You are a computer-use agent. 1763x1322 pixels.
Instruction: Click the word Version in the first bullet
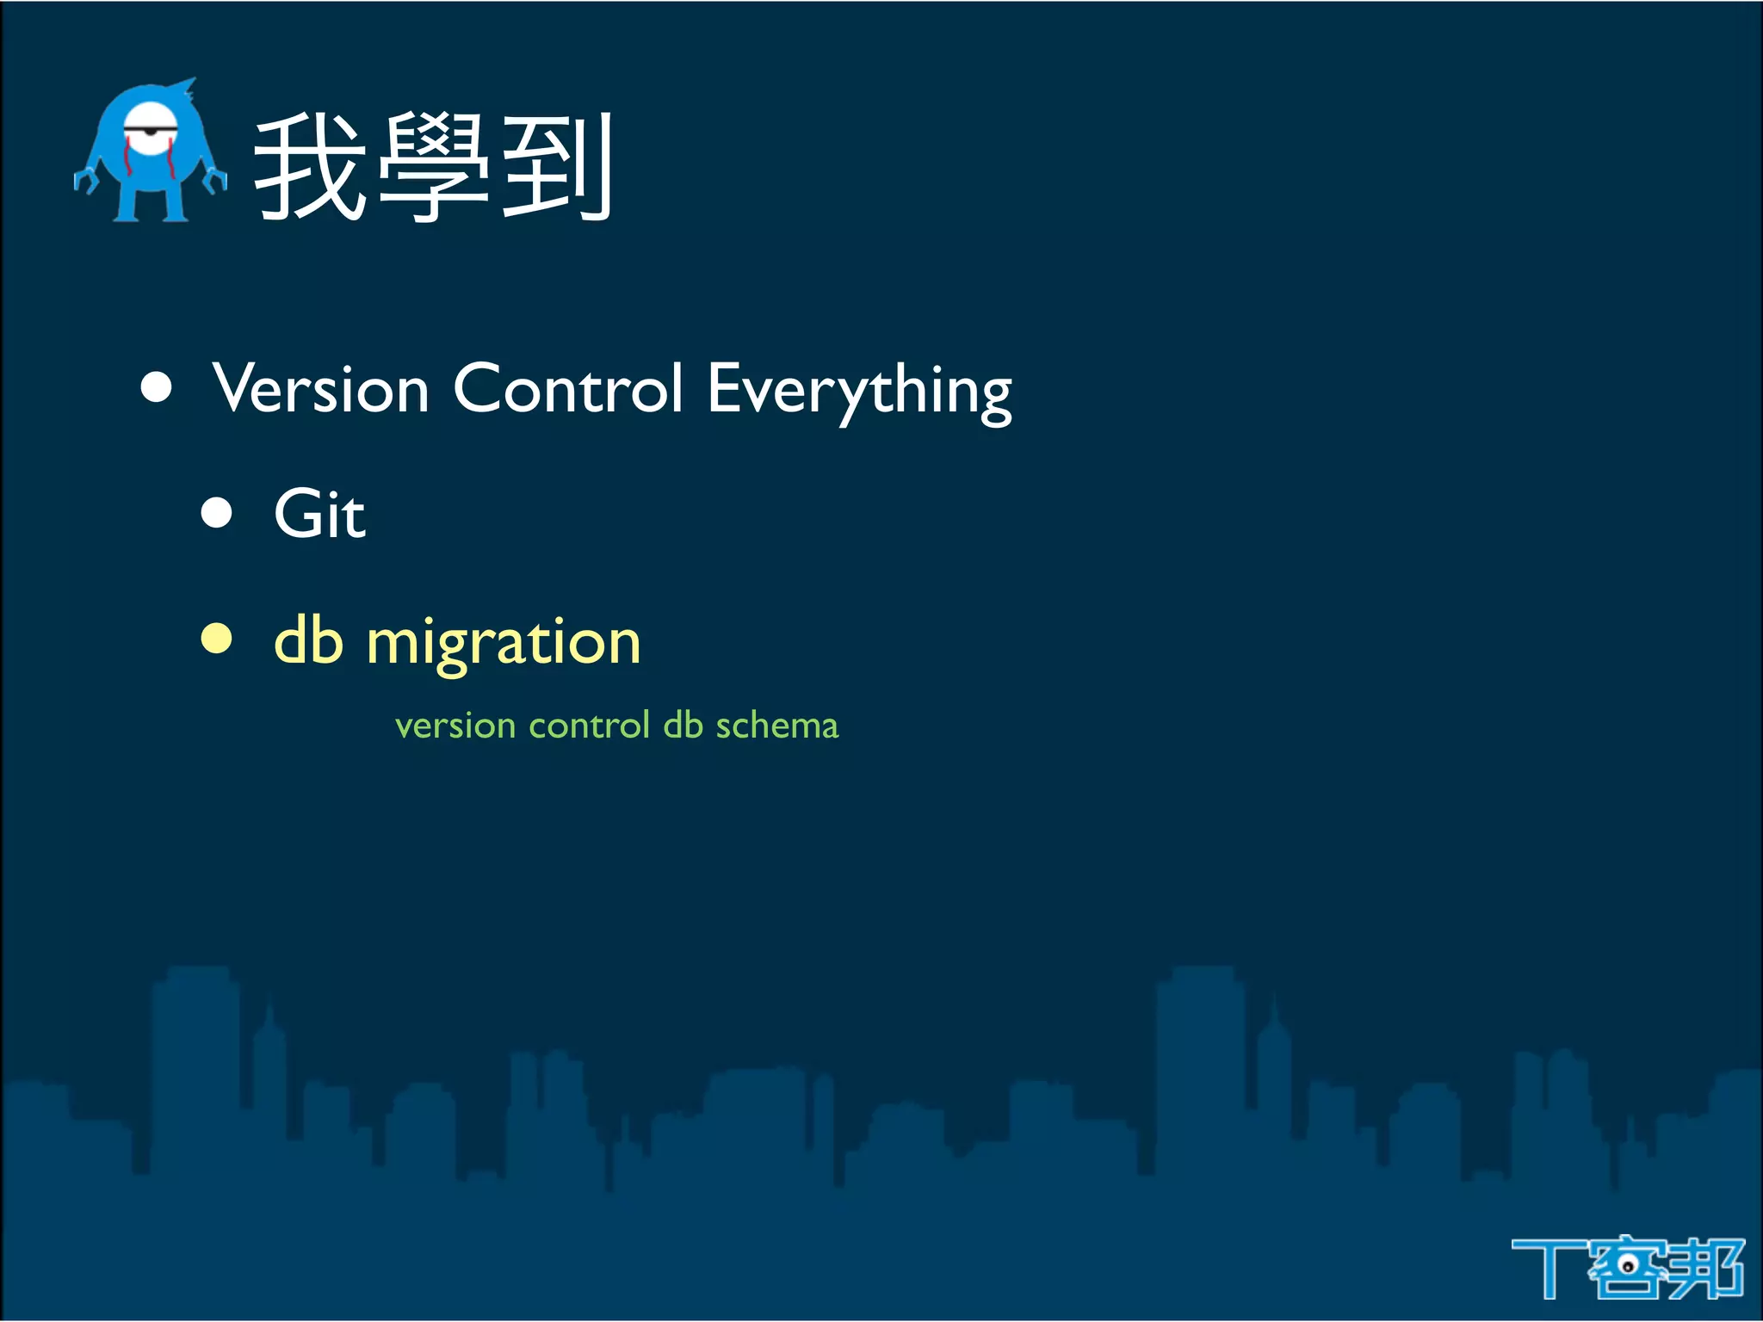(x=321, y=389)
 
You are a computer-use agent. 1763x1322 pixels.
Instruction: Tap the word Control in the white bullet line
(x=567, y=389)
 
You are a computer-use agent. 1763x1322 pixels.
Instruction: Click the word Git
(x=319, y=515)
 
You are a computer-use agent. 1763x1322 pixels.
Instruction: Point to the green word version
(x=455, y=726)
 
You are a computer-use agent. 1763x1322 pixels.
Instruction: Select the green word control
(x=589, y=725)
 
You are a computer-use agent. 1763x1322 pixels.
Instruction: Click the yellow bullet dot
(x=216, y=639)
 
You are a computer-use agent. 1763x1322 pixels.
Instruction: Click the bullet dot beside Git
(x=216, y=513)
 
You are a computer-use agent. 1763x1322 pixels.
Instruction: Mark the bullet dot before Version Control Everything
(x=156, y=387)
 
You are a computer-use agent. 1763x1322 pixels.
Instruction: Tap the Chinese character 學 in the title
(x=433, y=168)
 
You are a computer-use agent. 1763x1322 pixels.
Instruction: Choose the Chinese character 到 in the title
(x=556, y=168)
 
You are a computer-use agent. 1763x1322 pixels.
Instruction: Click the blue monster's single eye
(x=152, y=131)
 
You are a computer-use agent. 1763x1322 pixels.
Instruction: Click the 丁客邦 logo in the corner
(x=1627, y=1267)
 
